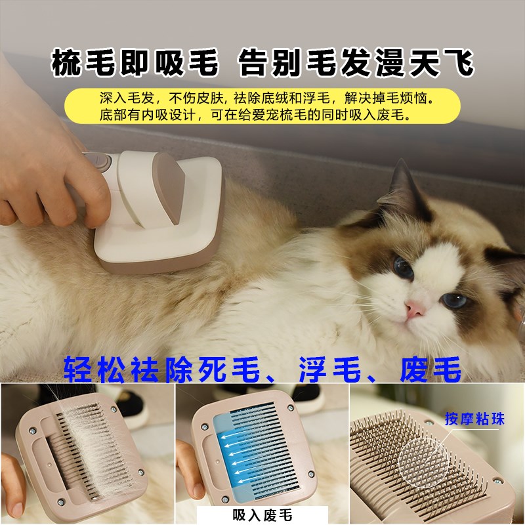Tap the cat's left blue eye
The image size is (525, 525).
(x=403, y=267)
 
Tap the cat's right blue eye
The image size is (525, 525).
(x=453, y=301)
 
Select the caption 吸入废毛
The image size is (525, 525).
(x=262, y=515)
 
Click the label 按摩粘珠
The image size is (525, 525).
(x=474, y=419)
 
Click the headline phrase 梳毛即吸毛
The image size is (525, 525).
(x=135, y=64)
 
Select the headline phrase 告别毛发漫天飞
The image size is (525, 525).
(x=355, y=64)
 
